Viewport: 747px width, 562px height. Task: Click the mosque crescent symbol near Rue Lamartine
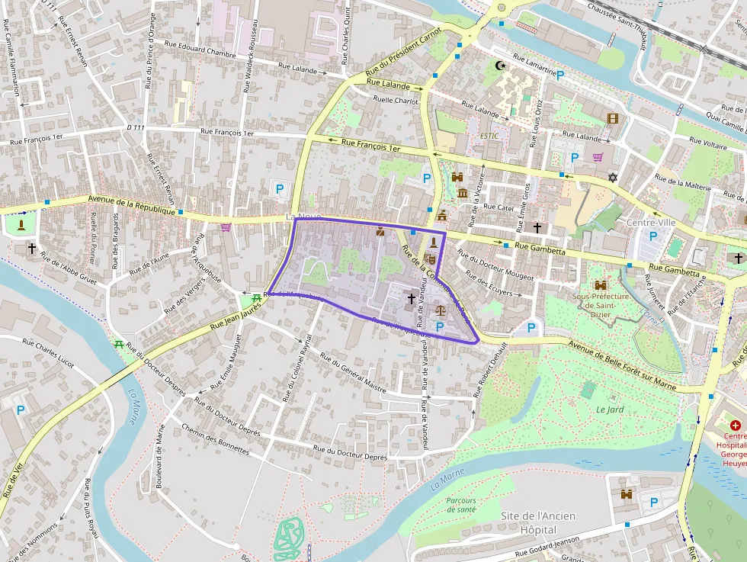tap(501, 66)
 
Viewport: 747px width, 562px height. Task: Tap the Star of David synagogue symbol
tap(611, 178)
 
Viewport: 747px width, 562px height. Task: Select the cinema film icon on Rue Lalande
tap(613, 118)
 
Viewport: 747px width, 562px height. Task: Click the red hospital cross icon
tap(735, 425)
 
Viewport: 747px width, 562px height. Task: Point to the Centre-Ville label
tap(650, 222)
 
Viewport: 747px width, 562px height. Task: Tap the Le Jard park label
tap(610, 409)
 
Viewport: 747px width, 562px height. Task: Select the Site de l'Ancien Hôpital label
tap(538, 522)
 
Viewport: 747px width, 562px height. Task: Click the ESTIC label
tap(489, 136)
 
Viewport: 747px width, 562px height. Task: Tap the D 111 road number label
tap(136, 127)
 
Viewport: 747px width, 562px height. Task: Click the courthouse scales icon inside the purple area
tap(441, 310)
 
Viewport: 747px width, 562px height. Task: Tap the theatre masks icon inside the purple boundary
tap(432, 259)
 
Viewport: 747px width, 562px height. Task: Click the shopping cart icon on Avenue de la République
tap(226, 226)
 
